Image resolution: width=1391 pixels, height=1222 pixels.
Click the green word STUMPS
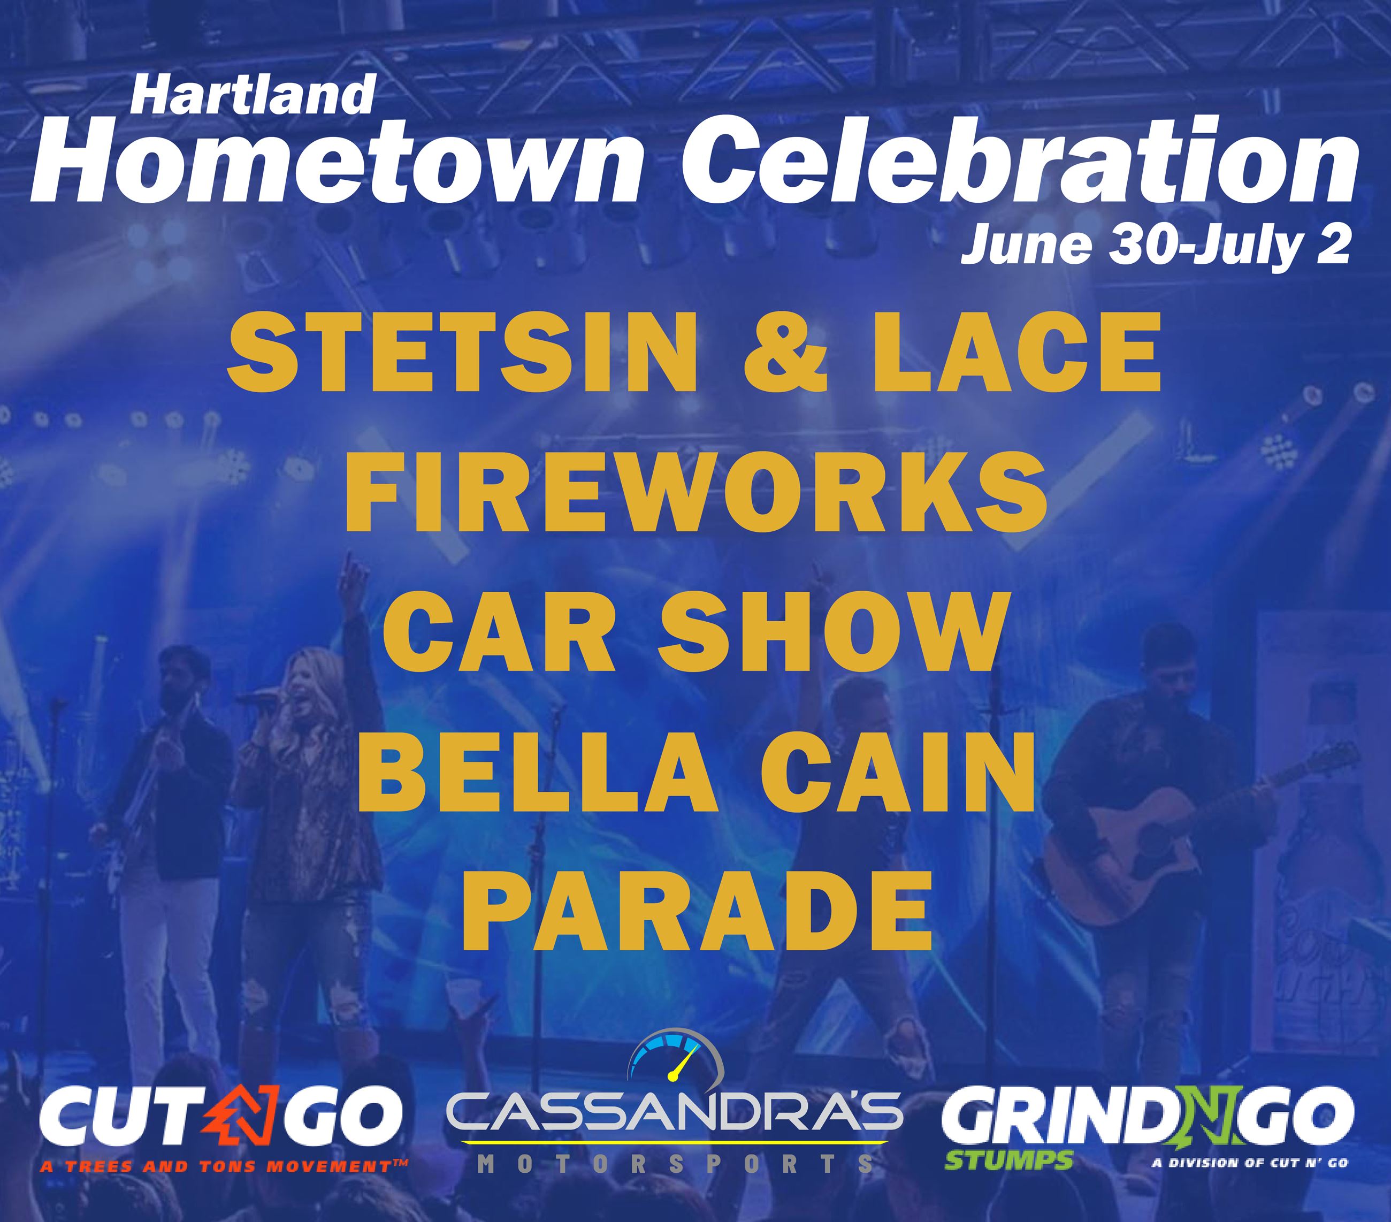1008,1159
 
